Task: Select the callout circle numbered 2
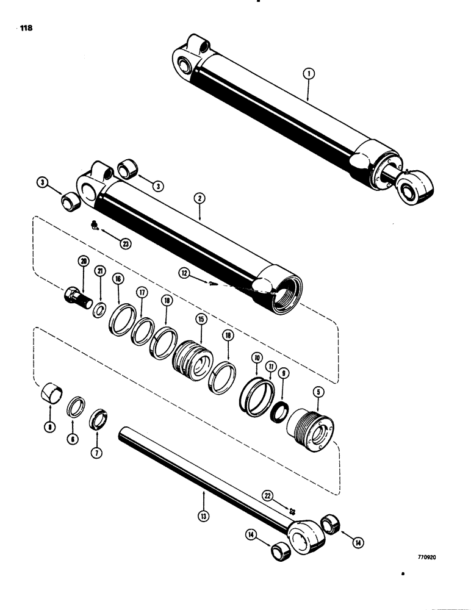click(200, 197)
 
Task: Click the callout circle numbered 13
click(203, 516)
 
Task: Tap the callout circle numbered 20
click(84, 262)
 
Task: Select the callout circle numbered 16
click(117, 279)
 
